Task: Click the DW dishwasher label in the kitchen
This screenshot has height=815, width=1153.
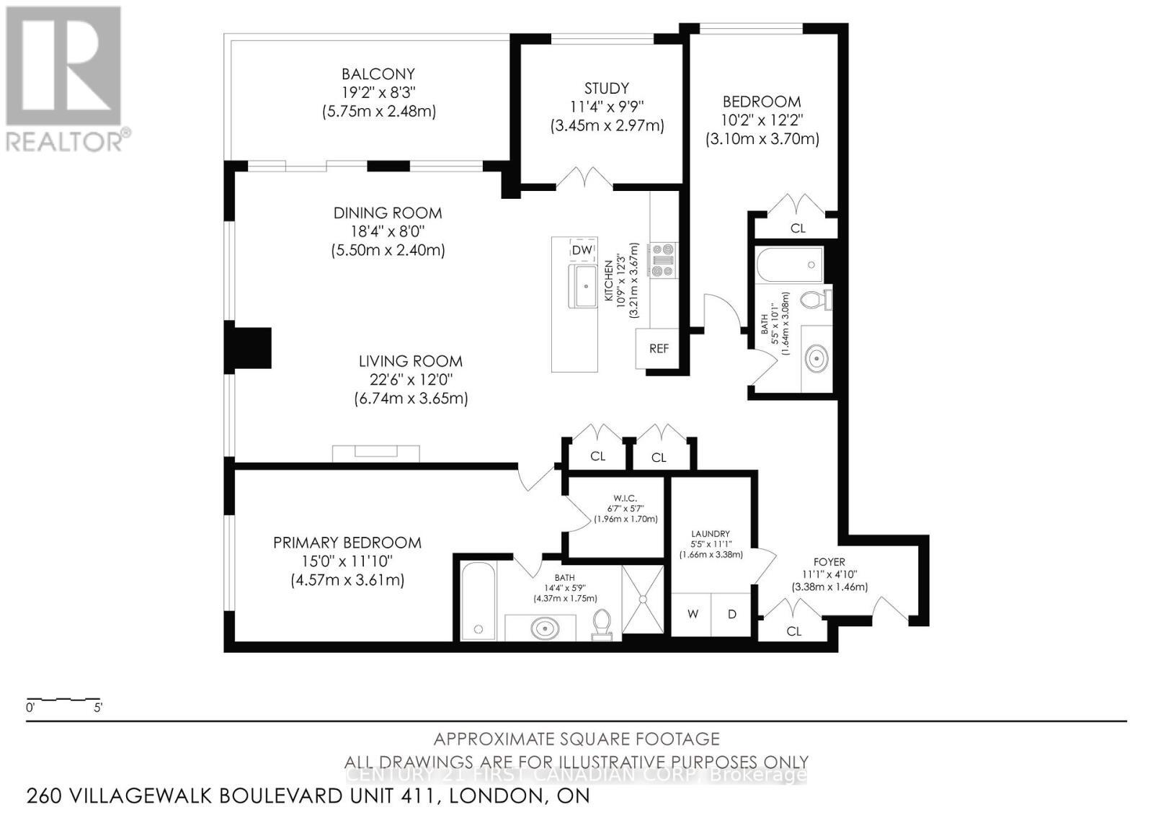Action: (x=582, y=250)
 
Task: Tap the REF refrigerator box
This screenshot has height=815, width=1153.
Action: (x=659, y=349)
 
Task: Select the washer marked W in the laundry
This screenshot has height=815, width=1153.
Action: (x=693, y=614)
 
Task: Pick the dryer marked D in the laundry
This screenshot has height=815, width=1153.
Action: (x=732, y=614)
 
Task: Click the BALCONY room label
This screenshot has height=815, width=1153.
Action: (x=378, y=74)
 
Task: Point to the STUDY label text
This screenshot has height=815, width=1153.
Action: (x=606, y=88)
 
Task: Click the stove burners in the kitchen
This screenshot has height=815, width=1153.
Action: (x=662, y=260)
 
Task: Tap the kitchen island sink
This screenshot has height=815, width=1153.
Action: (x=583, y=286)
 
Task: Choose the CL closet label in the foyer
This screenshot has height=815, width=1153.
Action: (x=794, y=631)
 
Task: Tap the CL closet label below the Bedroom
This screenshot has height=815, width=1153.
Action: (x=798, y=228)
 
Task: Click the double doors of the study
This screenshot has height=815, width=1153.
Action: (x=589, y=177)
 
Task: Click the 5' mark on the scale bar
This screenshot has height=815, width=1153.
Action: (x=98, y=707)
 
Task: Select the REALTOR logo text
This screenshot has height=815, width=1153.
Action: (x=65, y=141)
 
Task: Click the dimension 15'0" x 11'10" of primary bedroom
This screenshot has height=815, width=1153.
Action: (x=347, y=561)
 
